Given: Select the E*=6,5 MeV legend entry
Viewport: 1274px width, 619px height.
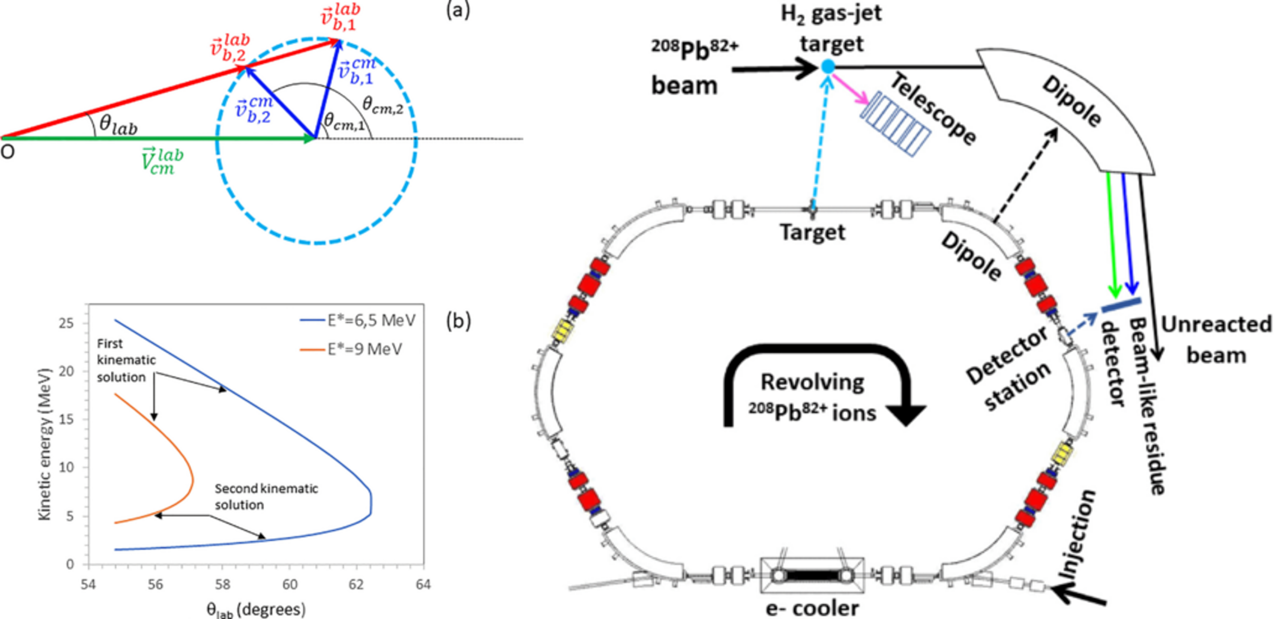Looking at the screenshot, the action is [358, 320].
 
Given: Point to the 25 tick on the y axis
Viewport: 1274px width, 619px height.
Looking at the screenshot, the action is [66, 323].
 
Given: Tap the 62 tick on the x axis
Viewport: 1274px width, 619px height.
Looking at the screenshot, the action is [356, 584].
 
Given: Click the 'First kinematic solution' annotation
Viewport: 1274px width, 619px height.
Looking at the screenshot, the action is [126, 360].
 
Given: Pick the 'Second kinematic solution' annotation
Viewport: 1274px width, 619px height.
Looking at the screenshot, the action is [266, 496].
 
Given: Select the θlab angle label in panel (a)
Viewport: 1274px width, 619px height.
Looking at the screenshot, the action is [118, 125].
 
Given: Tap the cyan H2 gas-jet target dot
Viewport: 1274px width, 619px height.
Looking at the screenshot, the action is [828, 66].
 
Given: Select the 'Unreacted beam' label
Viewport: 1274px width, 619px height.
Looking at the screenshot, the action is [1216, 340].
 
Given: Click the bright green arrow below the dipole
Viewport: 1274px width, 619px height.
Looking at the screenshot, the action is [1113, 234].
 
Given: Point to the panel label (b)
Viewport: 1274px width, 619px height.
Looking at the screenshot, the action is [458, 321].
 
